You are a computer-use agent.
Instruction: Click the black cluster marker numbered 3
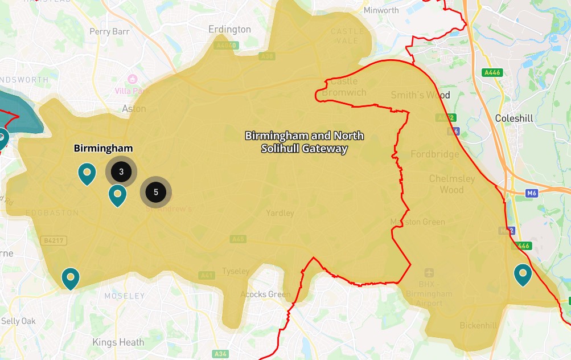[121, 171]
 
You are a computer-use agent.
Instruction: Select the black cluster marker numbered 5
[156, 193]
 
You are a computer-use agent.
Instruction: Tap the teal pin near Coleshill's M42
[523, 275]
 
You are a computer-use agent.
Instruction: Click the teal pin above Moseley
[71, 278]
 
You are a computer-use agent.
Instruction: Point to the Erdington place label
[229, 29]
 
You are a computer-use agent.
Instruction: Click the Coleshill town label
[514, 118]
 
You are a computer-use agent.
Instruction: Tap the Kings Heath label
[118, 342]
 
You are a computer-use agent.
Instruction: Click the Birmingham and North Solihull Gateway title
[304, 142]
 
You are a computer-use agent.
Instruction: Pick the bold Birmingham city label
[103, 148]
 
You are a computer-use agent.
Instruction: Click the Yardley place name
[280, 213]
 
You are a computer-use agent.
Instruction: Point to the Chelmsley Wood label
[451, 184]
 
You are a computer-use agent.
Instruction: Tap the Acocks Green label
[265, 294]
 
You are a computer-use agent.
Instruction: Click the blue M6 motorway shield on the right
[532, 193]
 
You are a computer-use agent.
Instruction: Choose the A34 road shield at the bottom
[220, 354]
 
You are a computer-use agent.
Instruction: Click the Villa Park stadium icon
[133, 79]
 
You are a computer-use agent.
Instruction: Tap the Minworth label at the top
[381, 10]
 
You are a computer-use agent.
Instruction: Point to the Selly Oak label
[18, 321]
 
